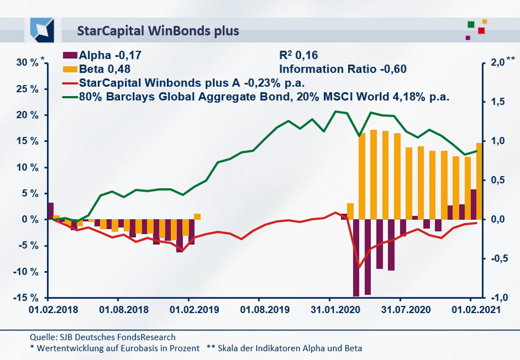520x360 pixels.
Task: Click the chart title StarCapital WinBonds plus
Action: [158, 30]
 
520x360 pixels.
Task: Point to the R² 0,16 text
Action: [298, 55]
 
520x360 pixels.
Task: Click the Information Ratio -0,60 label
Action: [343, 69]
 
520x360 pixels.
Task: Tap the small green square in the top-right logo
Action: [471, 25]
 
